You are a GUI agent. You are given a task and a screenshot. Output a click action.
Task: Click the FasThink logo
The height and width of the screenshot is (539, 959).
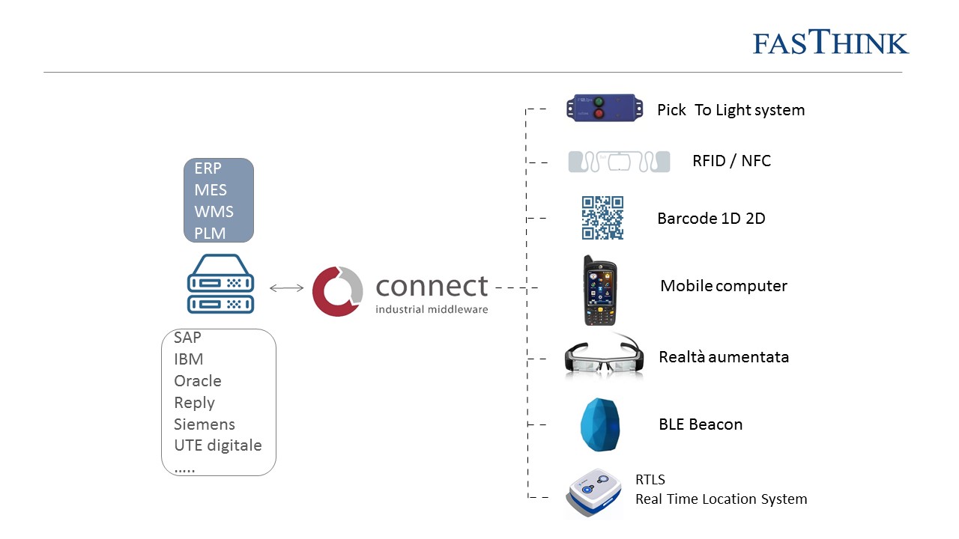[x=831, y=43]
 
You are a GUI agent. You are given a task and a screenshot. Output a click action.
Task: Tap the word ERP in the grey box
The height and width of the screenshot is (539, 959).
[x=208, y=168]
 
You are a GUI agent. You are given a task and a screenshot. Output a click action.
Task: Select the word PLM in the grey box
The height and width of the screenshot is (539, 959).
[x=210, y=233]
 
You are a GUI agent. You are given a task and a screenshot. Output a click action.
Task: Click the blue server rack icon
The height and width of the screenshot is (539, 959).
[x=220, y=284]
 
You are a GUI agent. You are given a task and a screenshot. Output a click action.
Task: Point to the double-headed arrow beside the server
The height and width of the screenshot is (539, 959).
[x=286, y=287]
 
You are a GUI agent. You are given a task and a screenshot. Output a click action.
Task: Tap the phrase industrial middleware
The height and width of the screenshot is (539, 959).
[x=432, y=308]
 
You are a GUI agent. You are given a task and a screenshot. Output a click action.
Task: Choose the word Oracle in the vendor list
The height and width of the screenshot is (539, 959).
[x=198, y=381]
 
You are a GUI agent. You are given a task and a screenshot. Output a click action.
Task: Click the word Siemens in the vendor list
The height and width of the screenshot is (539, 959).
[x=205, y=424]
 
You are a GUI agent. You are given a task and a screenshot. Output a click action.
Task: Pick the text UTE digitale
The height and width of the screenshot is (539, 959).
[x=218, y=445]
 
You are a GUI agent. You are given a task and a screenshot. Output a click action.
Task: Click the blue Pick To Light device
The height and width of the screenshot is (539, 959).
[x=602, y=107]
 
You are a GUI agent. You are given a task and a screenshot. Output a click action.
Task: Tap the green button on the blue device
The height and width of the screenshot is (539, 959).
[x=599, y=101]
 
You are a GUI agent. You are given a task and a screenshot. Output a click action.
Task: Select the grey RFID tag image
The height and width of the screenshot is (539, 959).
[x=618, y=162]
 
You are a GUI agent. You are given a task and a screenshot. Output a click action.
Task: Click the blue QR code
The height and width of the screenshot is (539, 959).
[x=602, y=218]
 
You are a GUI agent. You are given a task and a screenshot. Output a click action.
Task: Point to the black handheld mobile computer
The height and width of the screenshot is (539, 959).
[x=600, y=290]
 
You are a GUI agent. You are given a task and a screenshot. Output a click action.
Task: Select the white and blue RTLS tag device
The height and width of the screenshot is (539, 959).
[x=595, y=492]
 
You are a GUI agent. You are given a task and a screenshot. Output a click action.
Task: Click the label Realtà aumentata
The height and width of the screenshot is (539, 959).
[x=724, y=357]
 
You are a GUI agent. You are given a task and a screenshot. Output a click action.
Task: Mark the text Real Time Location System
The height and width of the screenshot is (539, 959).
[x=721, y=499]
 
